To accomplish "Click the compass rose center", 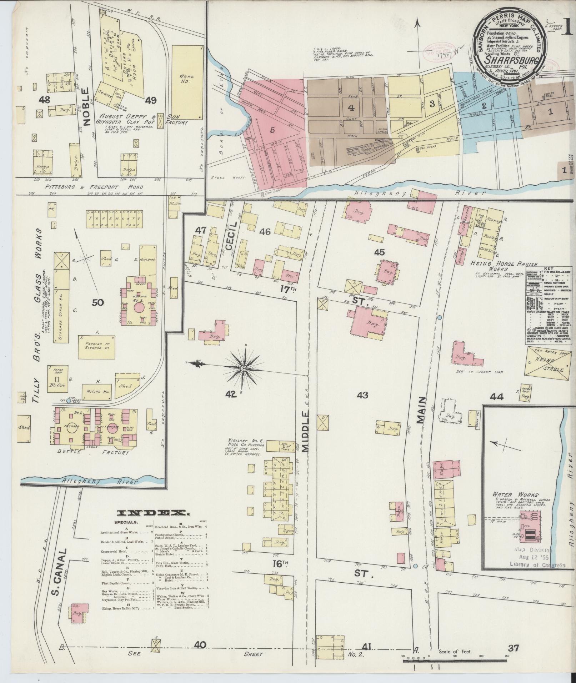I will click(244, 368).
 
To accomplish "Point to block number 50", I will click(97, 303).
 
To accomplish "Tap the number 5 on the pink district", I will click(272, 130).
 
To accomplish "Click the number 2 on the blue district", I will click(484, 106).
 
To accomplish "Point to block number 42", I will click(231, 394).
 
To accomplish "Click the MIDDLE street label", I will click(306, 431).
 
